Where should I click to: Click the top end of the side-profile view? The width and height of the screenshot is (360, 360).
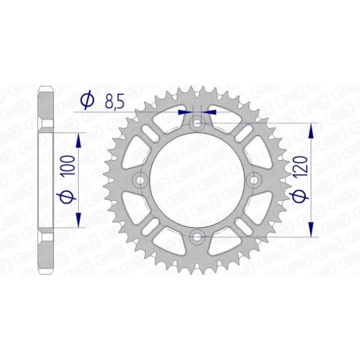(x=47, y=83)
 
